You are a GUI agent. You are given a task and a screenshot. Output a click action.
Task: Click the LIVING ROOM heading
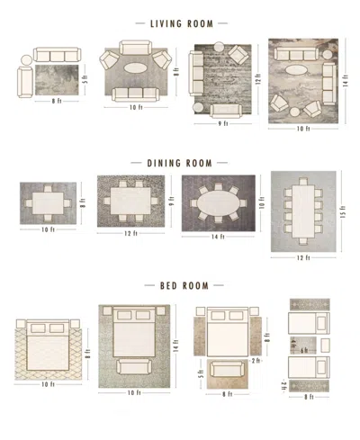pyautogui.click(x=181, y=22)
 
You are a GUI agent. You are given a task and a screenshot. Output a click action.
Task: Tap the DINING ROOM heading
pyautogui.click(x=180, y=164)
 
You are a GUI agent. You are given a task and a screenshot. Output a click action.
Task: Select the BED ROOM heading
pyautogui.click(x=180, y=285)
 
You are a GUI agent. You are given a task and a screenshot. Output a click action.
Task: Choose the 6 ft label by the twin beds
pyautogui.click(x=303, y=350)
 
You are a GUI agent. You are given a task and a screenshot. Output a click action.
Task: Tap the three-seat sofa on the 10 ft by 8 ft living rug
pyautogui.click(x=135, y=93)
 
